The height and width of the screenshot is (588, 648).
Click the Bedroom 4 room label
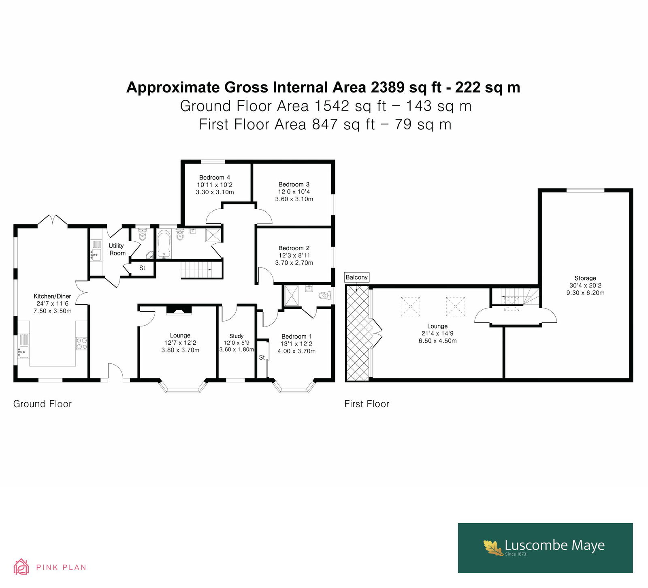coord(215,177)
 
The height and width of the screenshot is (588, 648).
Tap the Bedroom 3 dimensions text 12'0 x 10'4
coord(294,191)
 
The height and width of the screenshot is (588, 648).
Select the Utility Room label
coord(117,249)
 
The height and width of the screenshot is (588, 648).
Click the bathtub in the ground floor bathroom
coord(164,244)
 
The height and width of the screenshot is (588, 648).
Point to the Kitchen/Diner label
coord(52,296)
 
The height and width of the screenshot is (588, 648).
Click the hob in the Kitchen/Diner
coord(81,343)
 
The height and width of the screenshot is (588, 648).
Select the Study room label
coord(237,336)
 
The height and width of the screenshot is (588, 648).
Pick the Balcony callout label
coord(357,277)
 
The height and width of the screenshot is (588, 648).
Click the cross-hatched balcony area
coord(357,333)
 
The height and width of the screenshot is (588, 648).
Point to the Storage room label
coord(585,278)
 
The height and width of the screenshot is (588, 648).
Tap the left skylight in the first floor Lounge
coord(410,306)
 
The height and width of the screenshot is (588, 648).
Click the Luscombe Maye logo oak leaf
coord(493,547)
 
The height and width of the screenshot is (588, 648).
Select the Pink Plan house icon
coord(21,567)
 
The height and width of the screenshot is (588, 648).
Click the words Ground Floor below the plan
coord(43,404)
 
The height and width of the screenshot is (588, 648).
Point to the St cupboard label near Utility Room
coord(142,268)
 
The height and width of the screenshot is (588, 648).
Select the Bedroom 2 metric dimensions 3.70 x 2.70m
coord(294,262)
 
